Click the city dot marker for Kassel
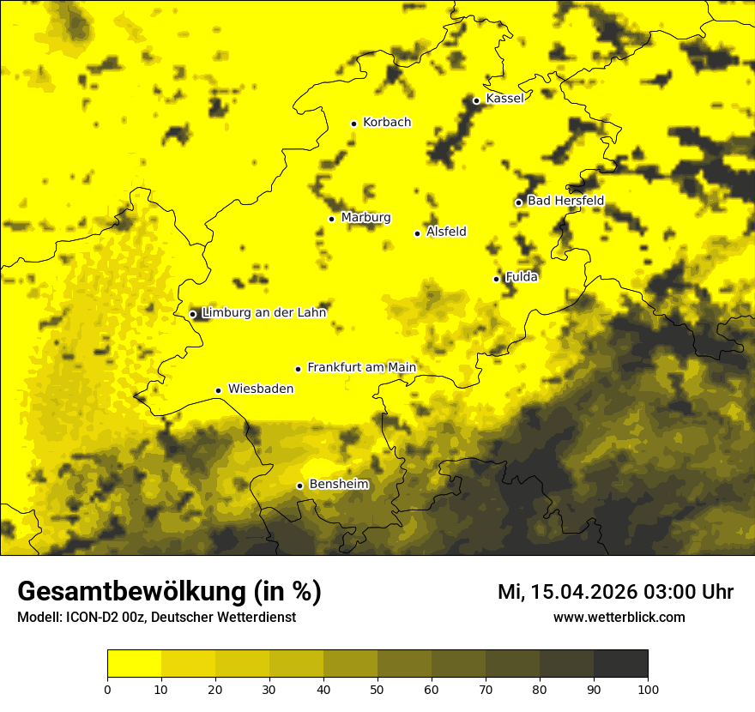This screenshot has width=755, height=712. click(x=476, y=100)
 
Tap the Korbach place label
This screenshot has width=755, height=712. click(x=387, y=123)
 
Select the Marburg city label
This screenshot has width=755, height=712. click(x=365, y=218)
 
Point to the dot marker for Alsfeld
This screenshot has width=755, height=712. click(x=418, y=233)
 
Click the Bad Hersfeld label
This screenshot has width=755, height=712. click(x=565, y=201)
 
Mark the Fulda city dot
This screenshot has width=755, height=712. click(x=496, y=279)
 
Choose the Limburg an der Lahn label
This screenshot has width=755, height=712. click(x=263, y=313)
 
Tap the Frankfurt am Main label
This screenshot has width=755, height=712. click(x=361, y=368)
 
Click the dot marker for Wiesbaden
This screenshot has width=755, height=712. click(x=218, y=391)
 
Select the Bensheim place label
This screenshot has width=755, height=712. click(x=339, y=485)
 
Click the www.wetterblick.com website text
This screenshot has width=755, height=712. click(x=619, y=618)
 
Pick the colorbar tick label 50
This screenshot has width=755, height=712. click(x=377, y=689)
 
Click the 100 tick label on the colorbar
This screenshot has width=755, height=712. click(x=648, y=689)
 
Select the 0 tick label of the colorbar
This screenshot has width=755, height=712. click(x=107, y=689)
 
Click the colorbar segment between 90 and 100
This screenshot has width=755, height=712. click(x=620, y=663)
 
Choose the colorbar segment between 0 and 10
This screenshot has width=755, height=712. click(x=134, y=663)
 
